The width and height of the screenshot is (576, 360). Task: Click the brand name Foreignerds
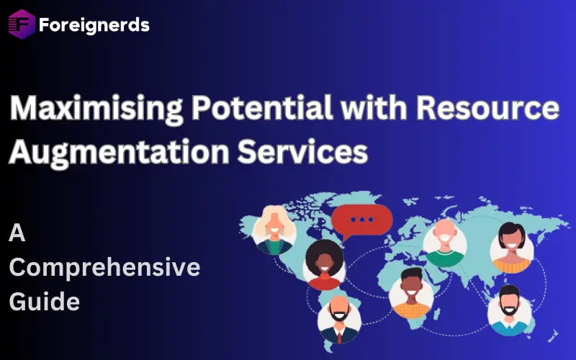coord(94,25)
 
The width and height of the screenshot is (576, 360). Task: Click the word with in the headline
coord(372,109)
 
